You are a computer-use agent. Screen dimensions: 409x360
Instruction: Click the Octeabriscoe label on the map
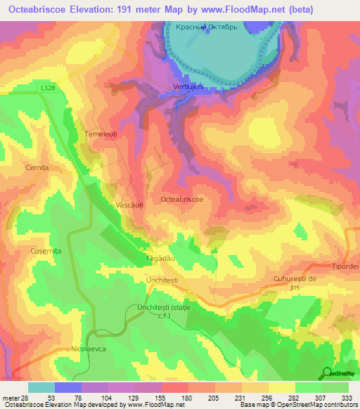(182, 200)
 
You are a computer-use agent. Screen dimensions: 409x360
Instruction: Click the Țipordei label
(345, 267)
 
